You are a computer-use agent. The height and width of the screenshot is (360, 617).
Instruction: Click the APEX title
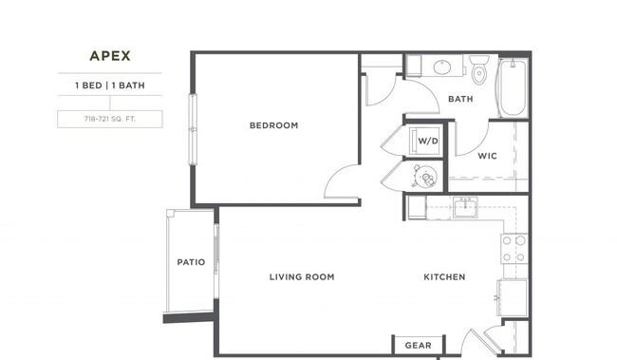pyautogui.click(x=110, y=56)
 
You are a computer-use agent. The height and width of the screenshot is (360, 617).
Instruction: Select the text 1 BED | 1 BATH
pyautogui.click(x=110, y=85)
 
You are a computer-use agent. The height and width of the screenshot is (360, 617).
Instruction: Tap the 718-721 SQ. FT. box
pyautogui.click(x=110, y=119)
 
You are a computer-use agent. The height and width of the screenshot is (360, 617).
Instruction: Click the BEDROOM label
pyautogui.click(x=274, y=125)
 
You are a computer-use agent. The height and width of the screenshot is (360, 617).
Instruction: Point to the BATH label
pyautogui.click(x=460, y=99)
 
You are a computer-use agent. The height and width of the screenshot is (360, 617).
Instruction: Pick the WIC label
pyautogui.click(x=487, y=156)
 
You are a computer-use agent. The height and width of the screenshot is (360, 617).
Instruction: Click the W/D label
pyautogui.click(x=428, y=141)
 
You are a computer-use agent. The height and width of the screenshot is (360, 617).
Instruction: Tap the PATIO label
pyautogui.click(x=191, y=262)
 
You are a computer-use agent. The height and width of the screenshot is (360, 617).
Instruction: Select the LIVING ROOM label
pyautogui.click(x=302, y=277)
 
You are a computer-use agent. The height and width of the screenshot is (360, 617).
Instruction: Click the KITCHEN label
pyautogui.click(x=444, y=277)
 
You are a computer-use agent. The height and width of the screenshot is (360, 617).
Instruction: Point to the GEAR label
pyautogui.click(x=418, y=346)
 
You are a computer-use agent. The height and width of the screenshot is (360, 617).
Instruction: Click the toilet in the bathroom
pyautogui.click(x=478, y=69)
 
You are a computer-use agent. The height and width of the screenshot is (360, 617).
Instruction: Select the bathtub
pyautogui.click(x=513, y=87)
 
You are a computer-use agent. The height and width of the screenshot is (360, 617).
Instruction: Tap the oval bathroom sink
pyautogui.click(x=442, y=66)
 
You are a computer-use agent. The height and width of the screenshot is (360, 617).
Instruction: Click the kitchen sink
pyautogui.click(x=465, y=207)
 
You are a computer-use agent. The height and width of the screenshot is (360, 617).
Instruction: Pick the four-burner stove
pyautogui.click(x=514, y=249)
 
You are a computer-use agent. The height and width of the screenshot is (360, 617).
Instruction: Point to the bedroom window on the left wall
pyautogui.click(x=193, y=129)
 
